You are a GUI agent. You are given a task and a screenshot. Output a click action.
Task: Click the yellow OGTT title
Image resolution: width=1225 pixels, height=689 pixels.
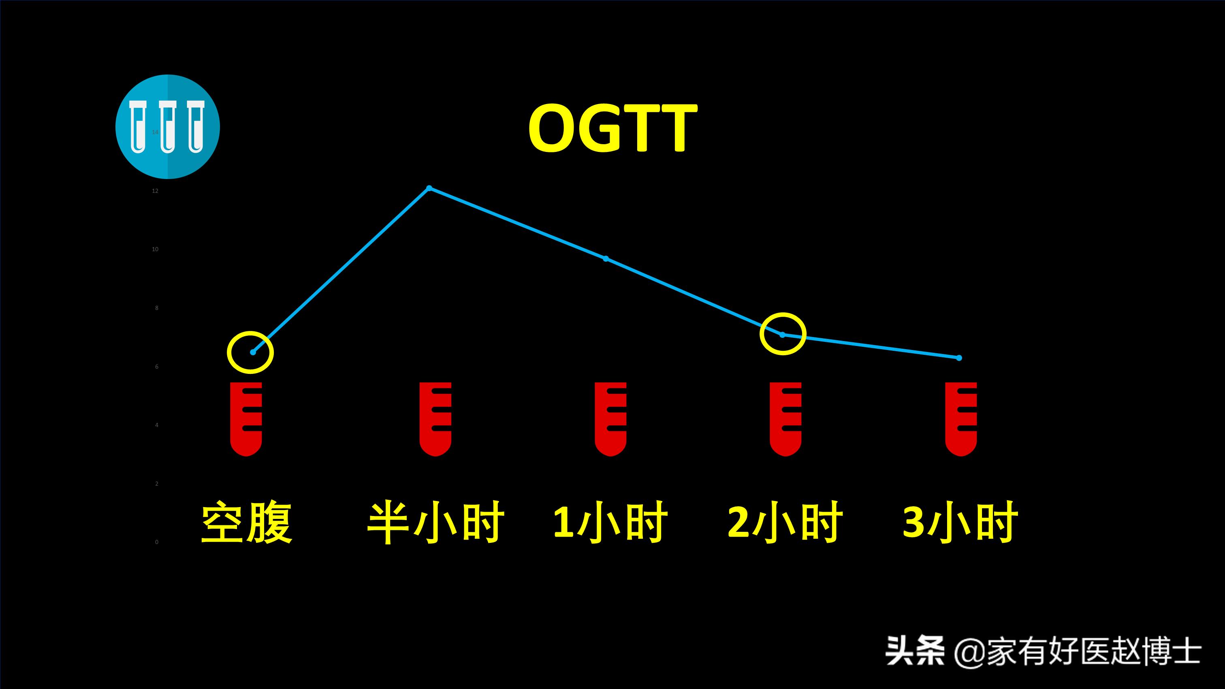(612, 128)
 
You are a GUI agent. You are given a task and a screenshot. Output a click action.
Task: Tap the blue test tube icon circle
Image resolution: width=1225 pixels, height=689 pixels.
(167, 127)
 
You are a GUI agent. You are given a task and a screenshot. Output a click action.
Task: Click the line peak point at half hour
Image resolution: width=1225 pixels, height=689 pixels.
(429, 188)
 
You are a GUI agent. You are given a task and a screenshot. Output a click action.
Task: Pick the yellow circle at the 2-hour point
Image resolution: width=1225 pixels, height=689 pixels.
(783, 334)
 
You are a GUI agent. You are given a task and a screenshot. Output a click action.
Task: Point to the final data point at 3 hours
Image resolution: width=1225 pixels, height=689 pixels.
(959, 358)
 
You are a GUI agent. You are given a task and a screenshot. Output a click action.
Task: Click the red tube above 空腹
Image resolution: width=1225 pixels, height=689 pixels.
(246, 418)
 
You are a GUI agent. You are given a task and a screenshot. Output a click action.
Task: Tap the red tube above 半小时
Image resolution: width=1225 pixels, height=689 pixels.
(435, 418)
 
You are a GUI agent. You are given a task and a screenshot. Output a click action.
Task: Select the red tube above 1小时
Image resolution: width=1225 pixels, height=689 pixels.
(610, 418)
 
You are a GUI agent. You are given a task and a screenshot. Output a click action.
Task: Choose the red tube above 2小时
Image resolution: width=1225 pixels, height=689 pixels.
(785, 418)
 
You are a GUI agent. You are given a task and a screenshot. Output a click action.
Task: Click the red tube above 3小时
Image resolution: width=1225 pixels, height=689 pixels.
(960, 418)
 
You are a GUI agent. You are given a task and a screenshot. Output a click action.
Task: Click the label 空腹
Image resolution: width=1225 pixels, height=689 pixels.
(246, 522)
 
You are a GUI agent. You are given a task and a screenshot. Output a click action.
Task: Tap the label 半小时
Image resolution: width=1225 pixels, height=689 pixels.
(435, 522)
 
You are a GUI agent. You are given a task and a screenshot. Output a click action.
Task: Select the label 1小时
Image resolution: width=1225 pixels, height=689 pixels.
(610, 522)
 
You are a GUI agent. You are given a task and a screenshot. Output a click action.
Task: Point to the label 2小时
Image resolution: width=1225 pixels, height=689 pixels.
(785, 522)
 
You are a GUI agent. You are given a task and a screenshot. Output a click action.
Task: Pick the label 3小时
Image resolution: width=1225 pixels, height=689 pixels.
(960, 522)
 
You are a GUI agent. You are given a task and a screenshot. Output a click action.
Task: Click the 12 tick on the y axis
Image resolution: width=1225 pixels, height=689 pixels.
(155, 191)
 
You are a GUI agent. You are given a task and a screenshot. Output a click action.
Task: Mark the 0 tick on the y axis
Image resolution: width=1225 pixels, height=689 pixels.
(156, 542)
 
